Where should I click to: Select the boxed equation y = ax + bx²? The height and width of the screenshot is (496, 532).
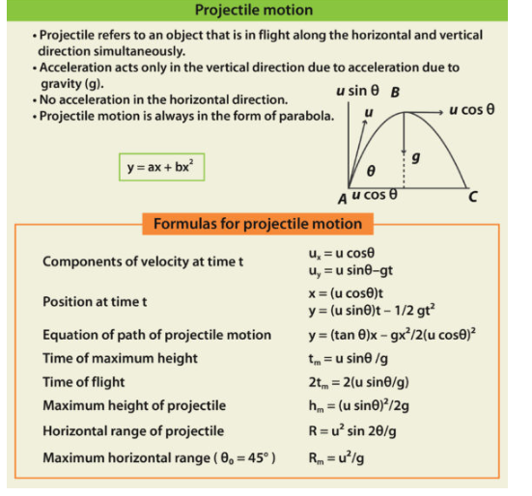[161, 167]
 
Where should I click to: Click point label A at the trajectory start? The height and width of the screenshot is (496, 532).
[343, 197]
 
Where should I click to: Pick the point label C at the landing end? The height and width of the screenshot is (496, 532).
[473, 196]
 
